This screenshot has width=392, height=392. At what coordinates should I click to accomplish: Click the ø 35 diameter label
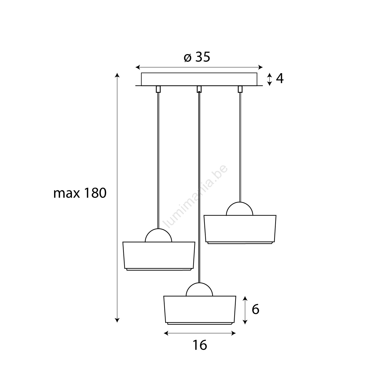tap(197, 57)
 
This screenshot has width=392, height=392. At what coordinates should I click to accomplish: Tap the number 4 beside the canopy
tap(280, 78)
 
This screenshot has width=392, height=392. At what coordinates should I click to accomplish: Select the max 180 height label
tap(80, 193)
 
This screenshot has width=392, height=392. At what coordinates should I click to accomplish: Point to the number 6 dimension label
tap(255, 310)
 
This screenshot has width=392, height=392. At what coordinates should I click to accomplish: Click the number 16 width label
tap(200, 345)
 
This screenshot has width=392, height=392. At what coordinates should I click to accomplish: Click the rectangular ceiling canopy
tap(199, 79)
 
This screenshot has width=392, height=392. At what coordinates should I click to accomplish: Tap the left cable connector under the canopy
tap(158, 89)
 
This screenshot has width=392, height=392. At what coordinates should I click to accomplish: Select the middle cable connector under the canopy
tap(199, 89)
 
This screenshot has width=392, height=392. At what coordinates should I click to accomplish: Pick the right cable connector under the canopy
tap(240, 89)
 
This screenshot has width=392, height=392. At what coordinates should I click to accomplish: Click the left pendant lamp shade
tap(159, 256)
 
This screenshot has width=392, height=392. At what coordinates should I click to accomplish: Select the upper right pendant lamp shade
tap(240, 229)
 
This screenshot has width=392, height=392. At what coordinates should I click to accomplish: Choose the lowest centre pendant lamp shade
tap(200, 310)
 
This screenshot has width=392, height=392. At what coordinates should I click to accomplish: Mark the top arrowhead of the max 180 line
tap(117, 76)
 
